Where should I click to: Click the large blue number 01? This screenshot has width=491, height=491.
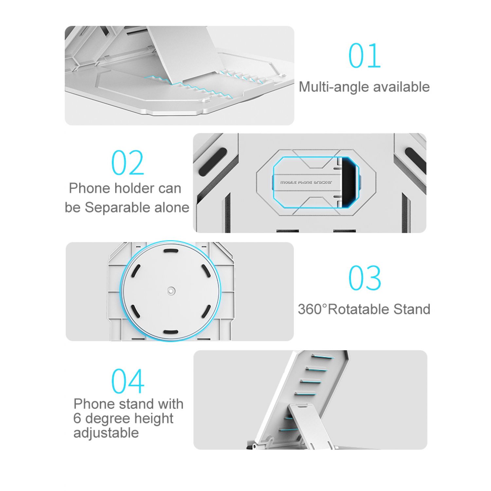pos(364,56)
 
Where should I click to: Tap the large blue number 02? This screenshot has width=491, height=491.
pos(128,162)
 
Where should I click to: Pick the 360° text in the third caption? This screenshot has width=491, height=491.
pos(312,309)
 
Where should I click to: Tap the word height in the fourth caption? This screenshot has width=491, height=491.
pos(154,419)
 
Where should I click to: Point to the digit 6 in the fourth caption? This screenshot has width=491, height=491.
pos(77,419)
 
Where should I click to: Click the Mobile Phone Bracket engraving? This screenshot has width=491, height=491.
pos(306,182)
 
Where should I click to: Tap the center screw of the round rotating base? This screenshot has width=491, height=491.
pos(171,291)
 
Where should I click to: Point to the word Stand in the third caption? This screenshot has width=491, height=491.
pos(412,309)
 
